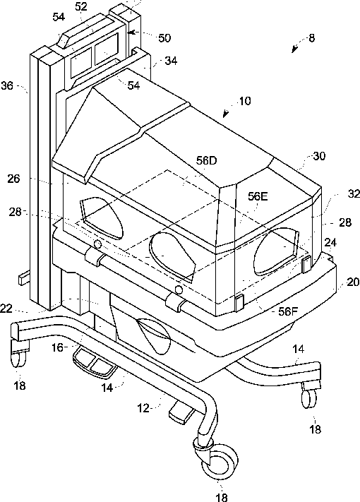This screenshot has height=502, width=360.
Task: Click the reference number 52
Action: click(x=81, y=7)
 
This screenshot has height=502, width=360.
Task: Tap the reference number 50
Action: click(x=164, y=38)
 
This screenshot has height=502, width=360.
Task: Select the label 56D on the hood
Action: click(x=207, y=160)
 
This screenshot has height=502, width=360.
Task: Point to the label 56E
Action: click(x=258, y=196)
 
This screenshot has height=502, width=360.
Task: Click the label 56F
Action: click(x=288, y=311)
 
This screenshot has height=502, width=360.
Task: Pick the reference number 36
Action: click(x=7, y=86)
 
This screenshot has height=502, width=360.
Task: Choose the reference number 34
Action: click(x=171, y=61)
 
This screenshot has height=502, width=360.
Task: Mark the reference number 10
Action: click(x=245, y=101)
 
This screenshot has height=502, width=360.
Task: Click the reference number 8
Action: click(x=311, y=38)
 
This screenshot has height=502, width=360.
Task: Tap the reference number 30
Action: click(x=319, y=156)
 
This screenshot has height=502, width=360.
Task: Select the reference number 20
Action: click(x=353, y=282)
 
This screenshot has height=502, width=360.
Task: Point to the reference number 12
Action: click(x=144, y=408)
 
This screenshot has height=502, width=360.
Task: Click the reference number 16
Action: click(x=58, y=347)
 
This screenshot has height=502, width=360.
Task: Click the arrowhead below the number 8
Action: click(x=294, y=50)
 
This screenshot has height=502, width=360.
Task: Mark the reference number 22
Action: click(x=6, y=309)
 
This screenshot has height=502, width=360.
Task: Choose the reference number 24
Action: click(x=330, y=243)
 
